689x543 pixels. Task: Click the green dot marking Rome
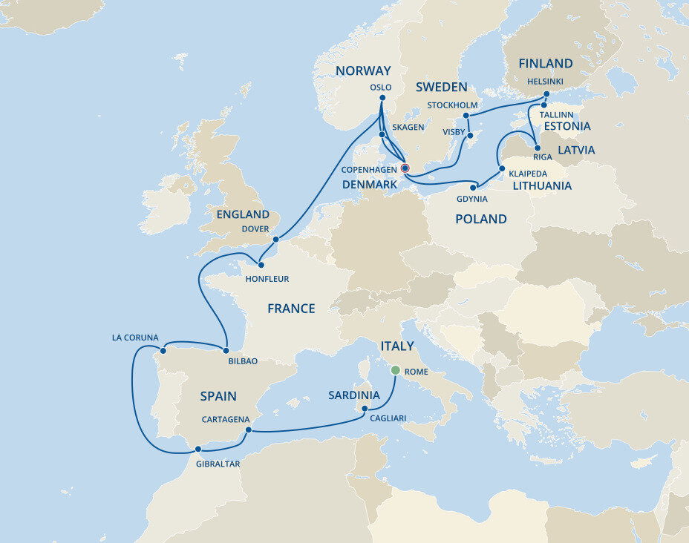(x=396, y=370)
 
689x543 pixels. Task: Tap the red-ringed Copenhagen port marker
(x=405, y=168)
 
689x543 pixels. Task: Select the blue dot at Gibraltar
(x=197, y=449)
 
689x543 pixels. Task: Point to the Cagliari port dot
(x=365, y=409)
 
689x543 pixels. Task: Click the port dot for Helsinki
(x=546, y=94)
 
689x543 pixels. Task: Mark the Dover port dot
(x=275, y=240)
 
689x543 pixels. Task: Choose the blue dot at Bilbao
(x=225, y=349)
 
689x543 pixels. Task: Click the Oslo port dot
(x=381, y=98)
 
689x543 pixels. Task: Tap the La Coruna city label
(x=135, y=338)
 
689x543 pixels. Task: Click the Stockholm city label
(x=453, y=105)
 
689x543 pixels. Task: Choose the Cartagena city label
(x=225, y=419)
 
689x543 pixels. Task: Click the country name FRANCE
(x=291, y=309)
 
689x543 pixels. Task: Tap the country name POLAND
(x=481, y=219)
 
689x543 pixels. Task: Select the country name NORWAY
(x=363, y=71)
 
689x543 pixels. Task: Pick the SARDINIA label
(x=354, y=395)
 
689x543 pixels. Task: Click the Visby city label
(x=454, y=132)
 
